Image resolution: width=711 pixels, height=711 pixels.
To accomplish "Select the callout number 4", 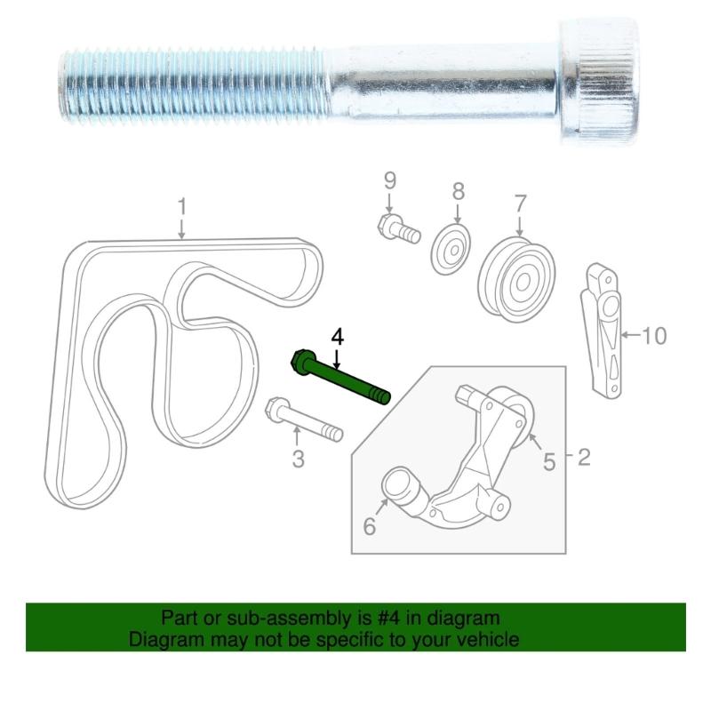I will [x=337, y=338].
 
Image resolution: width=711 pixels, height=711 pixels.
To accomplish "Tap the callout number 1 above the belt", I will [x=181, y=208].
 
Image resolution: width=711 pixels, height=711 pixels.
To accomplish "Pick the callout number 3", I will [x=299, y=459].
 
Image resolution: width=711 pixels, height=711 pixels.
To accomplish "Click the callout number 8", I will [x=458, y=190].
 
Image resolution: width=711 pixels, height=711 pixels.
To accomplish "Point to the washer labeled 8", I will [x=452, y=249].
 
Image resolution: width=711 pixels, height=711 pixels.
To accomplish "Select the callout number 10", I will [x=653, y=336].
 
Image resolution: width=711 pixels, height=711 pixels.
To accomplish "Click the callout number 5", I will [x=549, y=460].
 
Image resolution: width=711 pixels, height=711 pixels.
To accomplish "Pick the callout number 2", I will [x=583, y=459].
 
